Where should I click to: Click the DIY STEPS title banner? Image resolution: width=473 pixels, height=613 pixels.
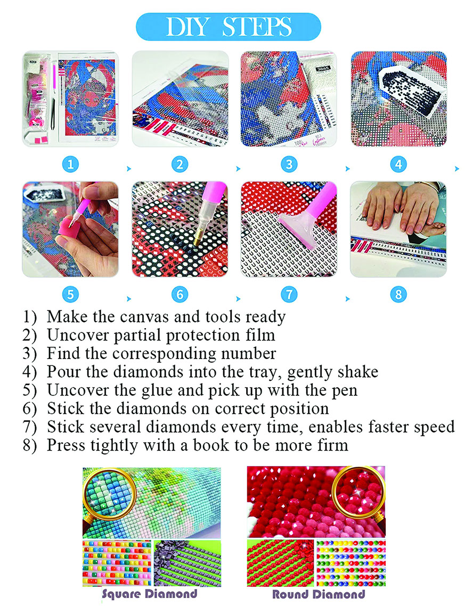229,27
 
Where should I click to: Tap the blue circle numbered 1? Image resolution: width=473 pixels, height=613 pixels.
70,164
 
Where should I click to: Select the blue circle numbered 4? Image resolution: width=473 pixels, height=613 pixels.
398,164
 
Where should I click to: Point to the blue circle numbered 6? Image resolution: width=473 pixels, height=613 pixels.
180,294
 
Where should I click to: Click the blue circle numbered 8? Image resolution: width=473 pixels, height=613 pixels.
398,294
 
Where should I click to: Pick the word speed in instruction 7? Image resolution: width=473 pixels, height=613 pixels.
434,427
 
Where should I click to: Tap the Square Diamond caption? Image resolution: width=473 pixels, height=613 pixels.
150,594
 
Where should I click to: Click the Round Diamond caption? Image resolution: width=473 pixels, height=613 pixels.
319,595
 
